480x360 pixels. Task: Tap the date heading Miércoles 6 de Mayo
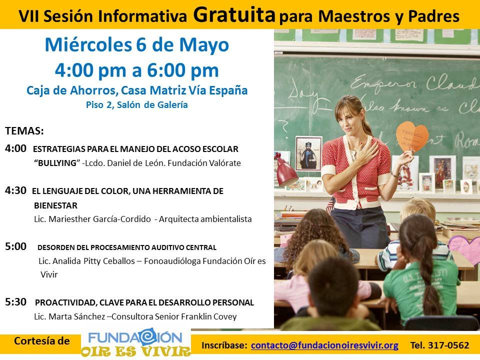pyautogui.click(x=137, y=45)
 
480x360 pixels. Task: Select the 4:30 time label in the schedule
pyautogui.click(x=15, y=190)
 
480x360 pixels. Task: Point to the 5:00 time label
pyautogui.click(x=15, y=246)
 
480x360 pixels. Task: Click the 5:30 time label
pyautogui.click(x=15, y=302)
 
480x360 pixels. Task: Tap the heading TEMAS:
pyautogui.click(x=24, y=131)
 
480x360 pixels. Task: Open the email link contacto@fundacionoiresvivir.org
pyautogui.click(x=324, y=345)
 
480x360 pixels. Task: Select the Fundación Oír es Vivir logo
pyautogui.click(x=136, y=342)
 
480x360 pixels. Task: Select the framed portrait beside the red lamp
pyautogui.click(x=308, y=153)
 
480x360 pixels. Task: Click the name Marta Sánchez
pyautogui.click(x=77, y=316)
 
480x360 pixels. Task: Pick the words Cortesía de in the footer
pyautogui.click(x=42, y=341)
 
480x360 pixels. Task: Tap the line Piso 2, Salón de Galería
pyautogui.click(x=137, y=104)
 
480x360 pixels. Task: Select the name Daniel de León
pyautogui.click(x=131, y=163)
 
